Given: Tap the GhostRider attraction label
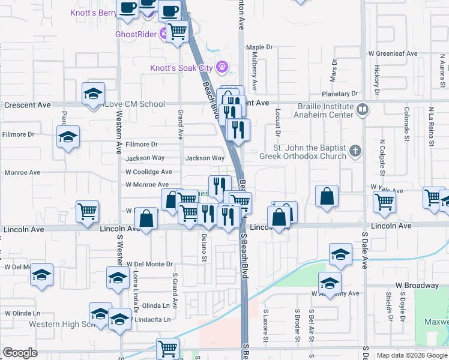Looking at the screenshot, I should coord(137,34).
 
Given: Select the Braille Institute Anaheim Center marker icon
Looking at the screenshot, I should coord(362,110).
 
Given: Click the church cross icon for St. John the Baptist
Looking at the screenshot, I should coord(355,151).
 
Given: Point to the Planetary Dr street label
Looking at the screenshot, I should coord(339,94).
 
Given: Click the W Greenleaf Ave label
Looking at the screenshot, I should coord(393,53).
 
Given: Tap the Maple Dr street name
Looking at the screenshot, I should coord(259,47).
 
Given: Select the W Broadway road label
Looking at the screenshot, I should coord(417,285).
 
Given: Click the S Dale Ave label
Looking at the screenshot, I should coord(364,253).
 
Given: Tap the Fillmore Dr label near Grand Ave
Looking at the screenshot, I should coord(141,144).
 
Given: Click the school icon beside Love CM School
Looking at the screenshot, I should coord(92,95).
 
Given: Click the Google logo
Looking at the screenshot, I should coord(20,353).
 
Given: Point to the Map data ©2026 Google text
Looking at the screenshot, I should coord(412,355).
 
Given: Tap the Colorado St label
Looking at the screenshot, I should coord(406,121).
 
